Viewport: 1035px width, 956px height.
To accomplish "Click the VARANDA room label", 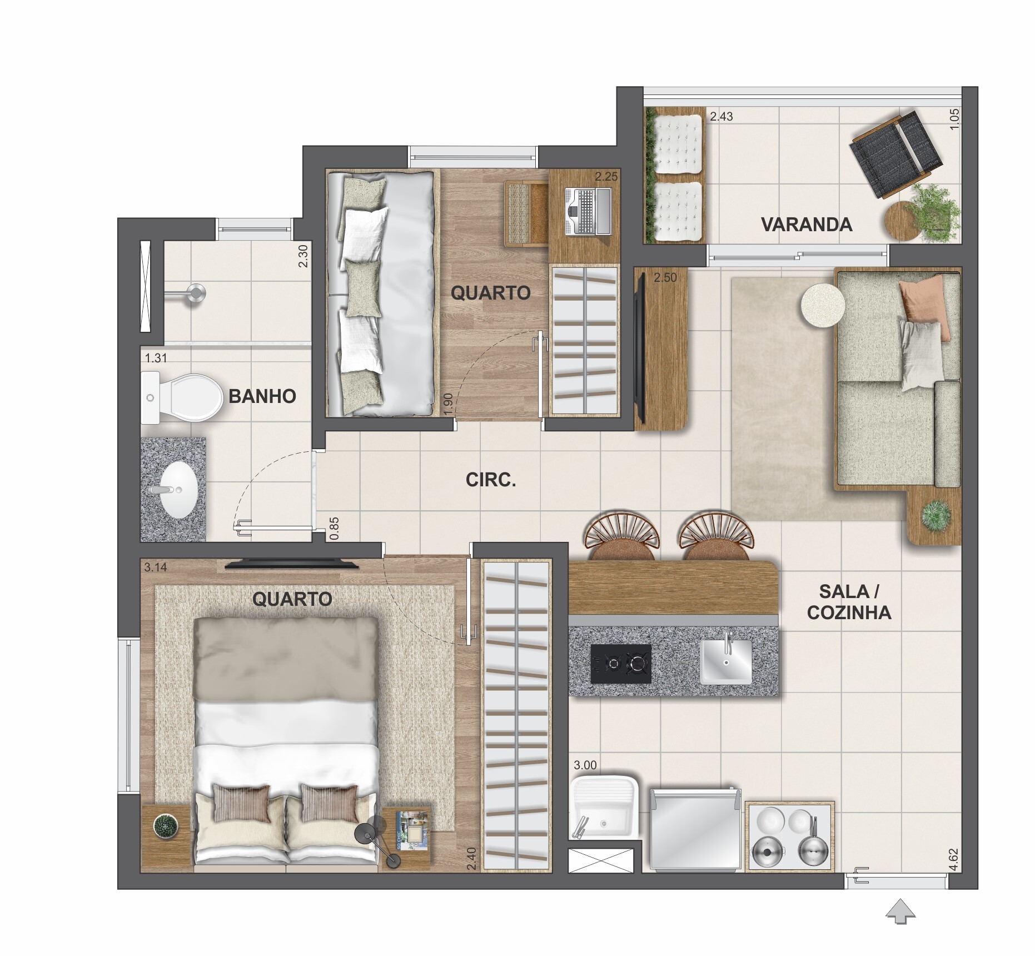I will tap(806, 225).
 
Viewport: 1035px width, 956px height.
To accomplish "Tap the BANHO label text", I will tap(262, 396).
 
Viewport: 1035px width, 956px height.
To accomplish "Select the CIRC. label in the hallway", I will tap(491, 480).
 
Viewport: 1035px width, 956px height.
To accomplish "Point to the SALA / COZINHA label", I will tap(849, 602).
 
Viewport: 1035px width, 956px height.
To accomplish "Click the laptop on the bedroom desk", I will tap(588, 211).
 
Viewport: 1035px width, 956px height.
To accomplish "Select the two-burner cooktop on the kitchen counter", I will tap(621, 664).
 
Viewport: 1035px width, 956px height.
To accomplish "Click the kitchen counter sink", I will tap(725, 661).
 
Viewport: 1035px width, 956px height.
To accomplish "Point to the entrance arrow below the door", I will tap(900, 912).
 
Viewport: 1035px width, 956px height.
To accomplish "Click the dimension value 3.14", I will tap(156, 567).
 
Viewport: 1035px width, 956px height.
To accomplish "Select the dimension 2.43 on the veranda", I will tap(721, 117).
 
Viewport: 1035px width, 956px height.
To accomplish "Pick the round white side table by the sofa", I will tap(823, 305).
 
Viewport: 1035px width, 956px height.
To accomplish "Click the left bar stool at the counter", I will tap(621, 538).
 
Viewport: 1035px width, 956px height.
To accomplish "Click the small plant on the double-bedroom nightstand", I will tap(165, 826).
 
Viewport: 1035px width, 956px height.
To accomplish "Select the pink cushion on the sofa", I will tap(922, 306).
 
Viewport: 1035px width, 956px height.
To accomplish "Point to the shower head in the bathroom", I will tap(195, 292).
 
